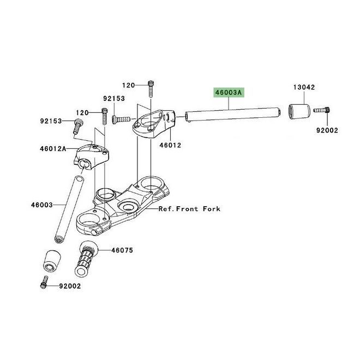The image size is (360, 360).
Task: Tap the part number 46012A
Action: click(x=52, y=148)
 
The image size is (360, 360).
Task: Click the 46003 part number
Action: click(x=41, y=205)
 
